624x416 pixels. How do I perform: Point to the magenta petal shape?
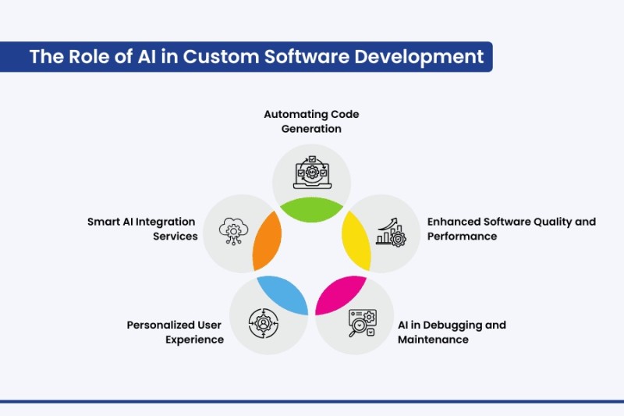point(341,293)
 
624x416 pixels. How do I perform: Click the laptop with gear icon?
point(311,173)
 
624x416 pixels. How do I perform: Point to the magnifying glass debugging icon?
point(360,322)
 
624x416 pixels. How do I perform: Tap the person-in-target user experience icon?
point(263,322)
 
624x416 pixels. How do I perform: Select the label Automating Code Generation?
point(311,121)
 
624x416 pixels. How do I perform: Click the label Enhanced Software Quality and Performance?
point(511,229)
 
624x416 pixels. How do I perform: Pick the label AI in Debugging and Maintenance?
point(452,332)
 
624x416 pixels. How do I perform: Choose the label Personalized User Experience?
point(175,332)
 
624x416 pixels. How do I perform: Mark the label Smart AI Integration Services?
point(143,229)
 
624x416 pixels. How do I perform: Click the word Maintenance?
point(433,340)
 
